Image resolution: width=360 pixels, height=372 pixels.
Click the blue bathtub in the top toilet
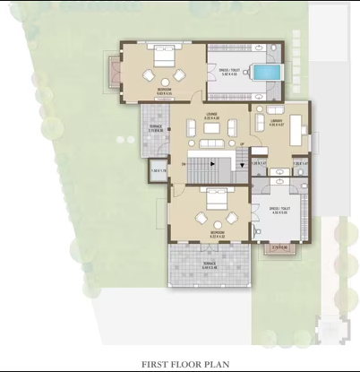pos(264,72)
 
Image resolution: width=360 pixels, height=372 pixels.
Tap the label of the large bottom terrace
pos(209,265)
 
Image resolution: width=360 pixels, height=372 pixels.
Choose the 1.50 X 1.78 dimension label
pos(159,169)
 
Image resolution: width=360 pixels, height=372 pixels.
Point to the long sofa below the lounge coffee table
pos(211,143)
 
